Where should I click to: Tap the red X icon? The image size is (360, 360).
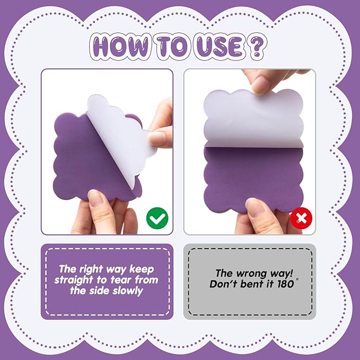pyautogui.click(x=301, y=217)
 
